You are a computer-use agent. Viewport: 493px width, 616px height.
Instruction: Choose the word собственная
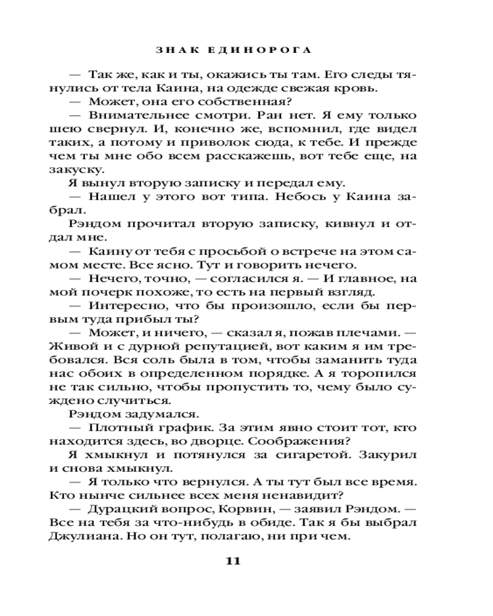point(238,102)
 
